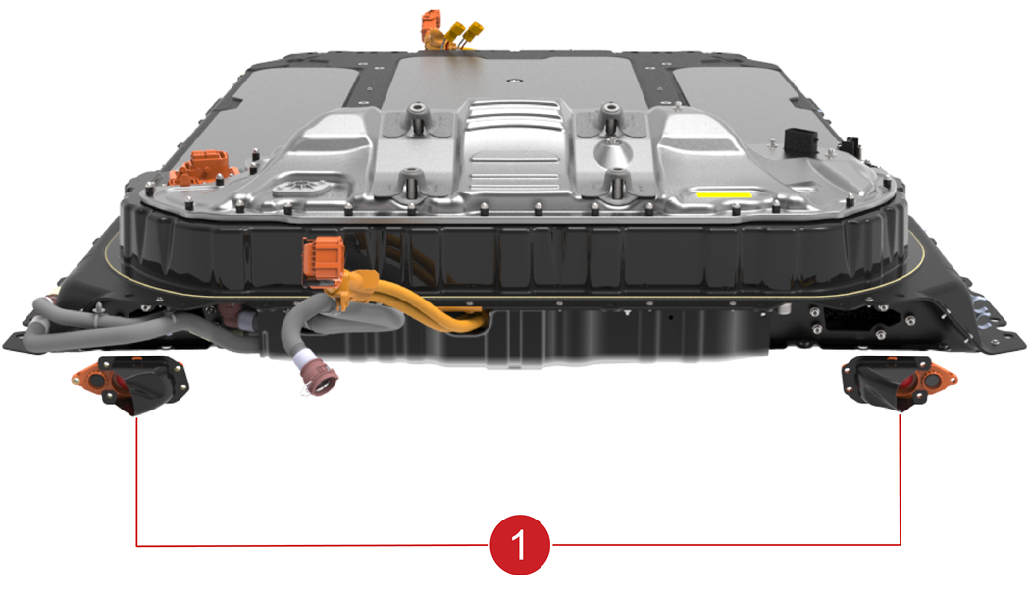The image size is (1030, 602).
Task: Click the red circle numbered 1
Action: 520,545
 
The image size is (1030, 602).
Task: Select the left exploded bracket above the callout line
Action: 130,384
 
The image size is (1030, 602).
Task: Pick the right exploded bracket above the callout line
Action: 900,384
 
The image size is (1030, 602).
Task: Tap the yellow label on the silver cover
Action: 724,194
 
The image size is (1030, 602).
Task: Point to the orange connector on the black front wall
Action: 323,262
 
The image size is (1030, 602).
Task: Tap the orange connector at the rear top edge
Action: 432,28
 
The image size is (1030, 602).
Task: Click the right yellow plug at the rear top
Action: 472,32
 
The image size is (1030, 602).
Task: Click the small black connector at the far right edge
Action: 852,147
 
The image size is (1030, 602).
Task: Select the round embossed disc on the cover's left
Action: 302,187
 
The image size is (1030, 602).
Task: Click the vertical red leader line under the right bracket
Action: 900,479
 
